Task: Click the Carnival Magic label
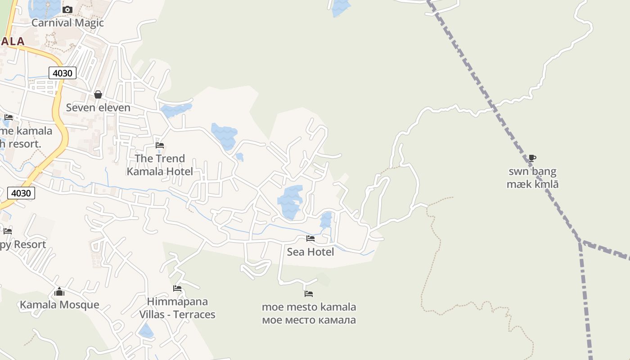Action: (x=67, y=23)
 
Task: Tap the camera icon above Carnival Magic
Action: (x=67, y=9)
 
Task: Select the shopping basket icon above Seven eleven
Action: (x=98, y=94)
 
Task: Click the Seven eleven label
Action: (x=98, y=108)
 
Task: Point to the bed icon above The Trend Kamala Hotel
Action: (x=160, y=145)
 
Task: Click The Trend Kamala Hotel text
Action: (x=160, y=165)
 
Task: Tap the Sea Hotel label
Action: (x=310, y=252)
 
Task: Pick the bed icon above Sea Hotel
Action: (x=310, y=238)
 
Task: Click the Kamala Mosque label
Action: (x=59, y=305)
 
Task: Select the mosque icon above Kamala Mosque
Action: (x=59, y=292)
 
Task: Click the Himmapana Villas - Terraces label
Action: (x=177, y=308)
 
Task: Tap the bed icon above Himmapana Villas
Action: (x=177, y=288)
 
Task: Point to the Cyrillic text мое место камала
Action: (x=309, y=320)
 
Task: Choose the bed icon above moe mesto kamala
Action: (x=309, y=294)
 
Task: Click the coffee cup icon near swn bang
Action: (x=532, y=158)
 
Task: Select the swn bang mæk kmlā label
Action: (x=532, y=178)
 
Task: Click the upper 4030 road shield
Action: (x=63, y=72)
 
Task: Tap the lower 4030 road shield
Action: (x=21, y=193)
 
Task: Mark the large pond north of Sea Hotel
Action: (x=290, y=202)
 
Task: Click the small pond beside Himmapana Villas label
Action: (x=146, y=332)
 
